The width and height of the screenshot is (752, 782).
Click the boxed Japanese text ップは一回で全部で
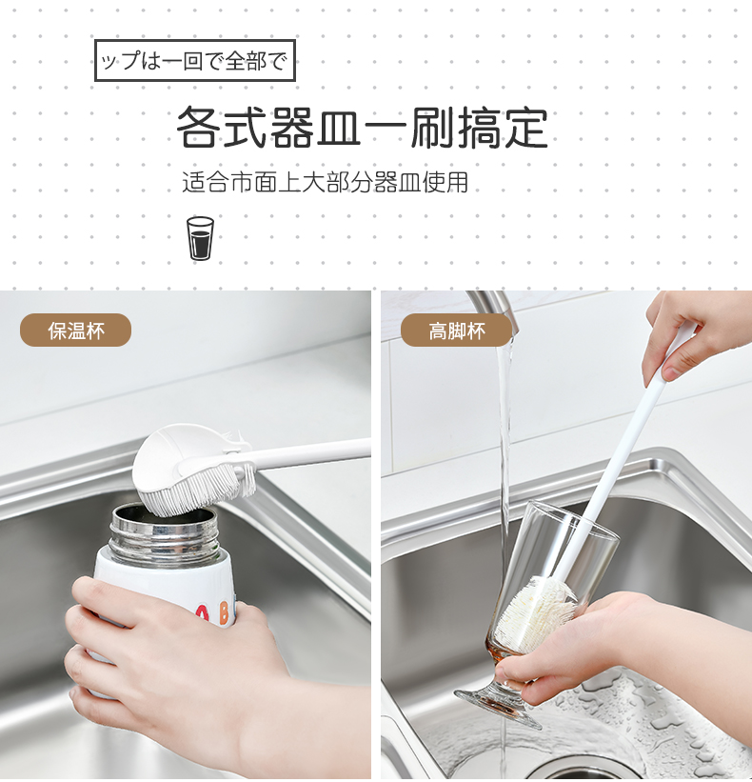pos(194,61)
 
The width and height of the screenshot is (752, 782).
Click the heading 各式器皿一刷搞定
pos(363,128)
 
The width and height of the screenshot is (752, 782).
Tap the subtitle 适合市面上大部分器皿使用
pos(325,182)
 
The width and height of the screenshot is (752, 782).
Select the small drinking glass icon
pos(200,238)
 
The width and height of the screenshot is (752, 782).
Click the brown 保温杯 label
pos(76,331)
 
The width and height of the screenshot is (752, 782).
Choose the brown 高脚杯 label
pos(456,331)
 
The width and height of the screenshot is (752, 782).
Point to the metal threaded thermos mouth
pos(165,529)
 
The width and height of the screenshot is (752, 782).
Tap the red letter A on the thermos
pos(202,614)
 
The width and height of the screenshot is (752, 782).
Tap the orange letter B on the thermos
pos(224,612)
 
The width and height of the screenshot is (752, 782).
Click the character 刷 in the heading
pos(431,128)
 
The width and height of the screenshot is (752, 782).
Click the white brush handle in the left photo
pos(309,455)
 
